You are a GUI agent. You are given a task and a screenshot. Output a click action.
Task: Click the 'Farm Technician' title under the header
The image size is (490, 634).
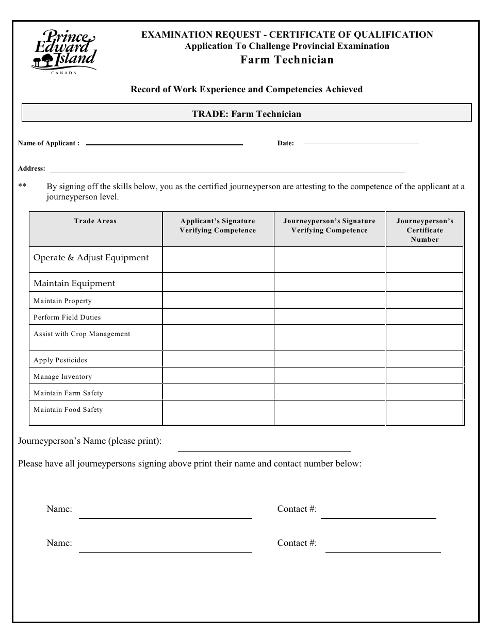coord(287,60)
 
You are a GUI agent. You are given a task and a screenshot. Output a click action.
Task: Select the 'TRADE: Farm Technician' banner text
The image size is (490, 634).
coord(247,114)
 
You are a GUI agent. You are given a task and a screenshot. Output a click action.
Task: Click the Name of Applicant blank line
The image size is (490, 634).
coord(164,144)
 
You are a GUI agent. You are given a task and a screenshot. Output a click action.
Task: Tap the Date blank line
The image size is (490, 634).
coord(361,142)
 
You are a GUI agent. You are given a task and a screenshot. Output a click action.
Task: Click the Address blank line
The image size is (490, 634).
coord(227,171)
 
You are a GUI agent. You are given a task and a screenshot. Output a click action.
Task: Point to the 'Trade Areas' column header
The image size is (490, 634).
coord(95,221)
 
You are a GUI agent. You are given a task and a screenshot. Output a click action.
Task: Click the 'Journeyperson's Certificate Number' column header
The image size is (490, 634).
coord(424,230)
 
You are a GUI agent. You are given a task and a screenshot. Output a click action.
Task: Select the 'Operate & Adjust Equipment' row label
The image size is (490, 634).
coord(91,258)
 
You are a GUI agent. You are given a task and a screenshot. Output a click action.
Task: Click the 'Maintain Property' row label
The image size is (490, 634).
coord(62,301)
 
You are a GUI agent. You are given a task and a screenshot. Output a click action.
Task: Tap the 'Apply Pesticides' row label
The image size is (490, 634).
coord(60,360)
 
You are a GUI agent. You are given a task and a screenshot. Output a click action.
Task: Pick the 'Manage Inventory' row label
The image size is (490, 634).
coord(62,377)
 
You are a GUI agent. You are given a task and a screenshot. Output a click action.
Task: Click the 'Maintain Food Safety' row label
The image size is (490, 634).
coord(68,410)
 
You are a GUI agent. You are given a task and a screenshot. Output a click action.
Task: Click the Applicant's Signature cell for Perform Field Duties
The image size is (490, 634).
coord(218,317)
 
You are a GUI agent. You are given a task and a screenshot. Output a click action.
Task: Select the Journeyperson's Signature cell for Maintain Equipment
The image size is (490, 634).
coord(330,282)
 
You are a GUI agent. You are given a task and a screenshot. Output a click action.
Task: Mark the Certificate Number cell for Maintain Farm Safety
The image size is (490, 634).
coord(424,392)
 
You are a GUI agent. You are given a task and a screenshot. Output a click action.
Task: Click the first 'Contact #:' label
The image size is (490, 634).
coord(297,509)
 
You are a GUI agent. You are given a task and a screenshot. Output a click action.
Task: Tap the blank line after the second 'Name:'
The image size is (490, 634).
coord(165,551)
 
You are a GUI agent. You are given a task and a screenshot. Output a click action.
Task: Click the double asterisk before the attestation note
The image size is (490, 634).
coord(22,187)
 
